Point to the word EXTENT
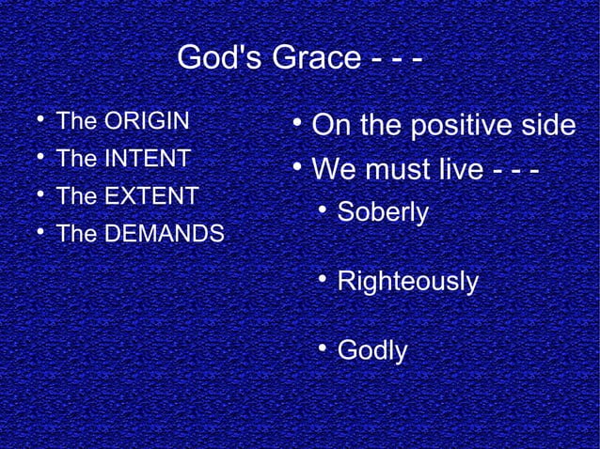click(150, 196)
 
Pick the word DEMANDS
click(164, 234)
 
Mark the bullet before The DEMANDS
click(36, 232)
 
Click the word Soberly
click(383, 212)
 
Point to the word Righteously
click(407, 281)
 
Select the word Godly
click(372, 350)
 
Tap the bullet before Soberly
click(321, 209)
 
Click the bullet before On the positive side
click(295, 123)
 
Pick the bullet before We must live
click(295, 169)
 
